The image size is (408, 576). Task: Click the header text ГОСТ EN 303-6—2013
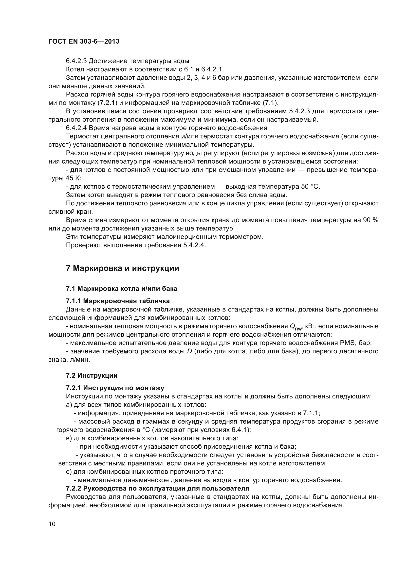click(x=84, y=42)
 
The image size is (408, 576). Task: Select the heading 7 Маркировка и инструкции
click(x=122, y=268)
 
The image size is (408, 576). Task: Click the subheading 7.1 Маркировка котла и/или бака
click(x=121, y=289)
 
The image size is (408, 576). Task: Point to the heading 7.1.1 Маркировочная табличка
click(x=118, y=301)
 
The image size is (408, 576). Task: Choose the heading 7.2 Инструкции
click(x=92, y=376)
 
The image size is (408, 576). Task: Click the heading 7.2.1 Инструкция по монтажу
click(x=115, y=388)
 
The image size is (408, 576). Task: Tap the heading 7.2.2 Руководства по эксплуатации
click(x=158, y=488)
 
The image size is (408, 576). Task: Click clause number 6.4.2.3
click(x=76, y=61)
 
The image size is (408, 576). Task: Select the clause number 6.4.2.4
click(x=76, y=128)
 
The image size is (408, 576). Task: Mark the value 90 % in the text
click(x=371, y=220)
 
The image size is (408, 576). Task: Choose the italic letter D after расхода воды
click(x=189, y=351)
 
